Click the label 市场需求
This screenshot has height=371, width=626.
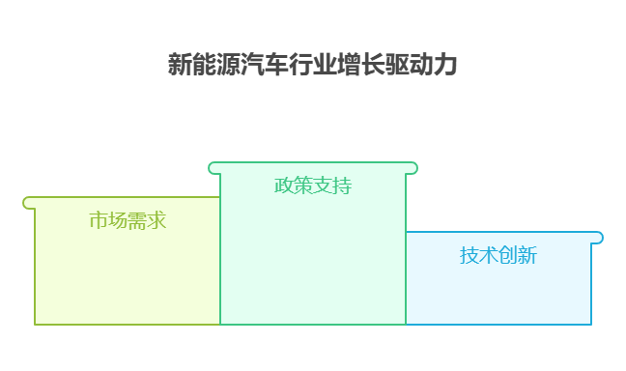click(128, 220)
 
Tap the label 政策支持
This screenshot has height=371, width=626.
click(313, 185)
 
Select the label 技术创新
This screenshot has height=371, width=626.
click(498, 255)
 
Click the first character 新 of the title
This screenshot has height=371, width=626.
click(179, 66)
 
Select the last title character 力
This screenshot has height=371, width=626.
click(445, 66)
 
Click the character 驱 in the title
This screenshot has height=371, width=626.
click(397, 66)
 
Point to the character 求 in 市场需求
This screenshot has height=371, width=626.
click(157, 220)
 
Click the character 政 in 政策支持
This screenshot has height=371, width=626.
click(284, 185)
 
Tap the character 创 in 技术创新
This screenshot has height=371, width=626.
click(508, 255)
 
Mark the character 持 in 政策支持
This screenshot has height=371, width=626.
click(342, 185)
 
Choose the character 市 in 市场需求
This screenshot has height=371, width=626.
click(99, 220)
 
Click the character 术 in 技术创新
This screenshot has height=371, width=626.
click(489, 255)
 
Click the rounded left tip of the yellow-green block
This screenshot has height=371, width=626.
click(28, 203)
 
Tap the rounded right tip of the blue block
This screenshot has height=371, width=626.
click(598, 238)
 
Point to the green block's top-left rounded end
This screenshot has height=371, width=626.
click(213, 168)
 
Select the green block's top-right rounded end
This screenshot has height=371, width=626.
click(413, 168)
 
